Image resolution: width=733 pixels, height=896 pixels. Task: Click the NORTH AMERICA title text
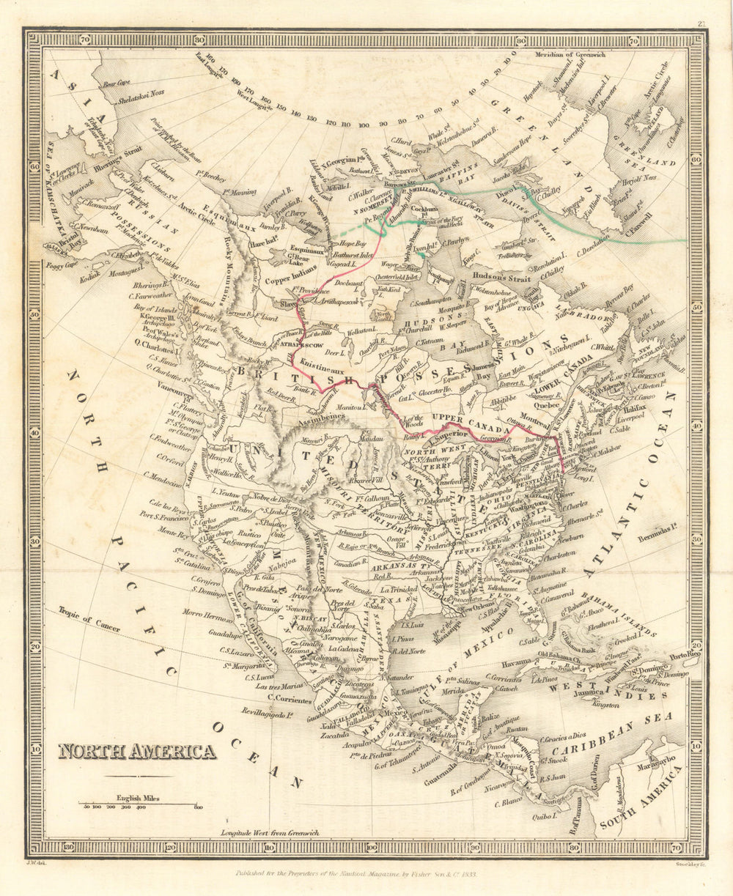click(137, 752)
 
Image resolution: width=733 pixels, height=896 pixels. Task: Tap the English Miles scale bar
click(139, 804)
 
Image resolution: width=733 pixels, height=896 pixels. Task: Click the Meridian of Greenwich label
click(580, 55)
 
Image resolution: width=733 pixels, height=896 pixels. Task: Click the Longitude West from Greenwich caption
click(270, 833)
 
